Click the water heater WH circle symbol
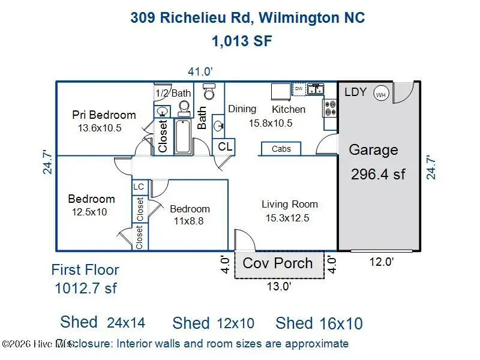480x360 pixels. [x=380, y=94]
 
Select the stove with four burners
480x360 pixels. [x=330, y=107]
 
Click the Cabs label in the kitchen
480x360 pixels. [x=281, y=149]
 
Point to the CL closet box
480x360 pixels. [x=225, y=146]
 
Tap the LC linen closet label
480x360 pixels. [x=139, y=187]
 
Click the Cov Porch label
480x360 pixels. [x=278, y=263]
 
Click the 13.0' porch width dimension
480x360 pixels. [x=279, y=286]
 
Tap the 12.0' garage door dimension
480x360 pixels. [x=380, y=262]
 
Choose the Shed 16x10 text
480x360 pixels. [x=319, y=323]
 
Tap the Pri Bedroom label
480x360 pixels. [x=104, y=115]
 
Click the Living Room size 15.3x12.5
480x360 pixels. [x=287, y=218]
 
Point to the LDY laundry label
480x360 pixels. [x=356, y=92]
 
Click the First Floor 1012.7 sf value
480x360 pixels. [x=85, y=288]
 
